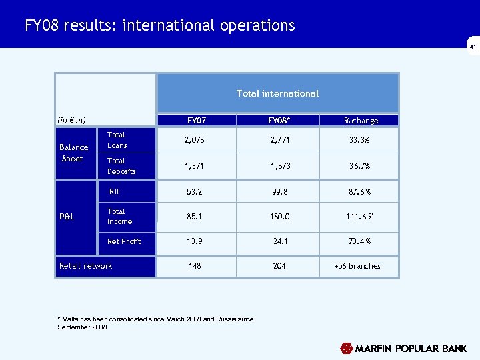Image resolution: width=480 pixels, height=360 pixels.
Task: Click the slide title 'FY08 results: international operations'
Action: (160, 25)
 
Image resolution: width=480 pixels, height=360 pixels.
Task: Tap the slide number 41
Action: (473, 48)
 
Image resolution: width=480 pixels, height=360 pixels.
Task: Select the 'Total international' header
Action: (277, 93)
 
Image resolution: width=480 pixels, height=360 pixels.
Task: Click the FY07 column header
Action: (197, 121)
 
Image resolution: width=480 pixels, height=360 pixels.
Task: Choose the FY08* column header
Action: (279, 121)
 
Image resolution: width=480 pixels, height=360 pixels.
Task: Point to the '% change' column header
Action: (361, 121)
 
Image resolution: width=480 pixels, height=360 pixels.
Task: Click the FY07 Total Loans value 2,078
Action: (195, 140)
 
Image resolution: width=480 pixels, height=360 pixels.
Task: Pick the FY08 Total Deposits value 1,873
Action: (279, 165)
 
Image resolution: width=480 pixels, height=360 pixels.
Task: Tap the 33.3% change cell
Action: (361, 140)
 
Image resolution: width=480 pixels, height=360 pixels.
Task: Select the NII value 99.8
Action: (279, 192)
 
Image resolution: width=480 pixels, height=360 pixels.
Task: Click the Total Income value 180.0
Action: (279, 216)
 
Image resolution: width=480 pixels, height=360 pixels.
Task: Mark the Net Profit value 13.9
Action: (195, 241)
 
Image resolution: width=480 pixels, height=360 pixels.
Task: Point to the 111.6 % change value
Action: (361, 216)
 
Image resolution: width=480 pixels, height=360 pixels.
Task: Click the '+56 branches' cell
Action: (357, 265)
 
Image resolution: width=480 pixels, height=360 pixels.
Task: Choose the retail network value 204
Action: (279, 265)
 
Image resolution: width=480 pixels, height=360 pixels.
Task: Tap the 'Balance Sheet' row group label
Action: (73, 153)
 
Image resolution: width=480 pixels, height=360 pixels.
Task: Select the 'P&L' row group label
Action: (67, 216)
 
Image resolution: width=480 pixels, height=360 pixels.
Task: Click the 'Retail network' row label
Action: (85, 266)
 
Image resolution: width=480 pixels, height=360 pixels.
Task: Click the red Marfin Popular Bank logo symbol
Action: (346, 348)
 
